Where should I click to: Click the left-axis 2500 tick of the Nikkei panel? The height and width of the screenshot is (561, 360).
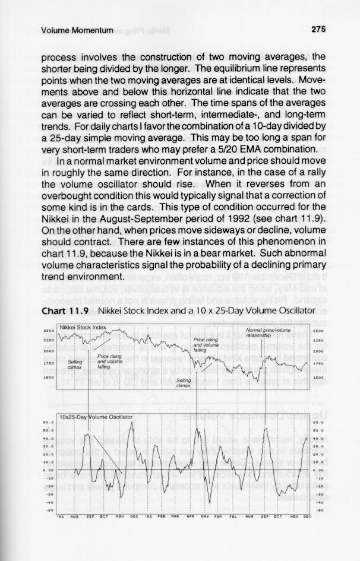[49, 330]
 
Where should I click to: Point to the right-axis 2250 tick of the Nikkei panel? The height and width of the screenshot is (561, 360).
[316, 341]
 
